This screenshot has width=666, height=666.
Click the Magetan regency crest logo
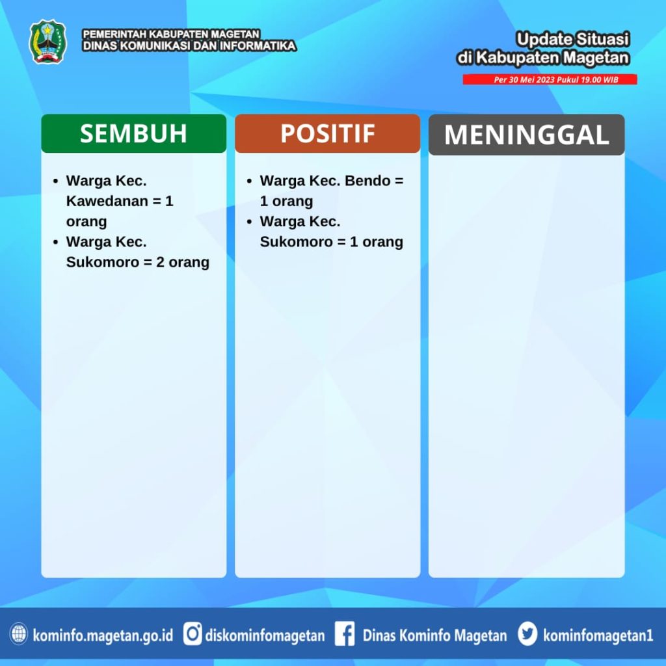47,42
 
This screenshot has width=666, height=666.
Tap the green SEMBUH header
134,133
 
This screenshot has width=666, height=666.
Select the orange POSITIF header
328,133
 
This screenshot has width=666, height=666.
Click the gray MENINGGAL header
527,135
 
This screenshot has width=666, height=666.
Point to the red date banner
550,79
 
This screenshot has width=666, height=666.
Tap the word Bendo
367,181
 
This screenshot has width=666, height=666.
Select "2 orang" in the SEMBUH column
183,262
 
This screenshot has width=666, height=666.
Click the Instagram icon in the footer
193,634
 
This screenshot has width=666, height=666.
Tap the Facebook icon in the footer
345,634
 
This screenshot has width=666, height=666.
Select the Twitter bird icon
527,634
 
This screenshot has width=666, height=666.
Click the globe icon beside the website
19,634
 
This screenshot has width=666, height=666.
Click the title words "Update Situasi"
572,39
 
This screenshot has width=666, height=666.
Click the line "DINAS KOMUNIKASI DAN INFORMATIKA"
189,46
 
